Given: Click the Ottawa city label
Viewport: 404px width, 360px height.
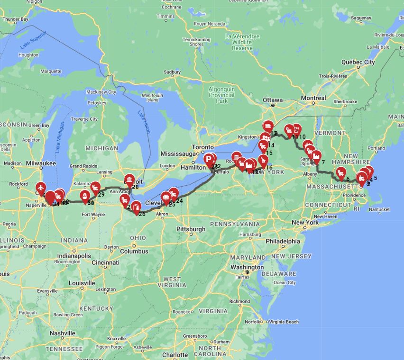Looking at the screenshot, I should tap(273, 100).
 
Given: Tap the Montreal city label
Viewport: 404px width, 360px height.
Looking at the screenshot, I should tap(313, 98).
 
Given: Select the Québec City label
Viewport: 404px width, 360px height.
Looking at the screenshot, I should tap(358, 62).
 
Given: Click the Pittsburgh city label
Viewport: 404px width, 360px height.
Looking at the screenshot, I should tap(191, 229).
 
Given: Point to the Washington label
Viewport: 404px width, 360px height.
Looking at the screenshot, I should tap(247, 267).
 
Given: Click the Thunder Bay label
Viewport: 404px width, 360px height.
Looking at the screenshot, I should tap(16, 19).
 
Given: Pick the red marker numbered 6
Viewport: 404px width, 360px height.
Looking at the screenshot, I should tap(341, 173).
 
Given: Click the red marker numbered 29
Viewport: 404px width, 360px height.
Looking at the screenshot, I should tap(95, 188).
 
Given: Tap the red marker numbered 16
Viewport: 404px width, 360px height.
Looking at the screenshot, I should tap(263, 161).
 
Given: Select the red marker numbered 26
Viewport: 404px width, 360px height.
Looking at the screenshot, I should tap(136, 207).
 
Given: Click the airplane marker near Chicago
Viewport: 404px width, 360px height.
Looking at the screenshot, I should tap(41, 188).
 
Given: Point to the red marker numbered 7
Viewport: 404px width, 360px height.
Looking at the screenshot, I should tap(317, 156).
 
